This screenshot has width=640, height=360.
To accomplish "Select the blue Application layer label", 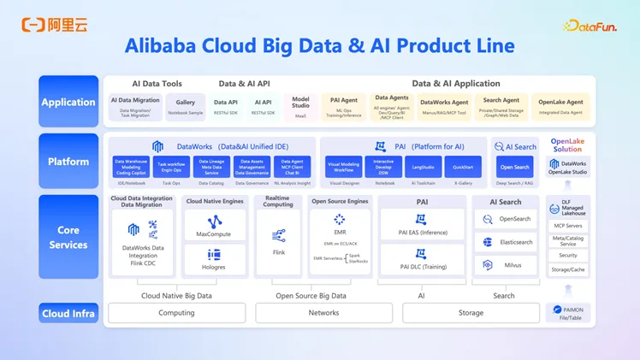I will pos(68,102).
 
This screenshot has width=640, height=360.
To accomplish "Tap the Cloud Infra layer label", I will pos(68,314).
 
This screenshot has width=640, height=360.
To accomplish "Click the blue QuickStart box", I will pos(463,167).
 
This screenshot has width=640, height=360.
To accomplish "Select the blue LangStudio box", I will pos(424,167).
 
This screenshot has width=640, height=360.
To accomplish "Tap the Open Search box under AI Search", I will pos(515,167).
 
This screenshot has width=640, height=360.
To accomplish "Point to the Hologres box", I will pos(214,258).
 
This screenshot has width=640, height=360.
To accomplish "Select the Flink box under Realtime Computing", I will pos(279,242).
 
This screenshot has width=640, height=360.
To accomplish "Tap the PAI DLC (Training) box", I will pos(422,259).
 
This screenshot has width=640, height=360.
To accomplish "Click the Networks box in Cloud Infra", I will pos(323,313).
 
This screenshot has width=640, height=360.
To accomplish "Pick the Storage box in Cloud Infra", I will pos(471,313).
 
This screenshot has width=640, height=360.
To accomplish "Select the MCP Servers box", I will pos(568,226).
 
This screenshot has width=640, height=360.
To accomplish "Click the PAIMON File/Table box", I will pos(568,314).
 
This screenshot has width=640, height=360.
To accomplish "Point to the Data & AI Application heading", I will pos(456,84).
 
